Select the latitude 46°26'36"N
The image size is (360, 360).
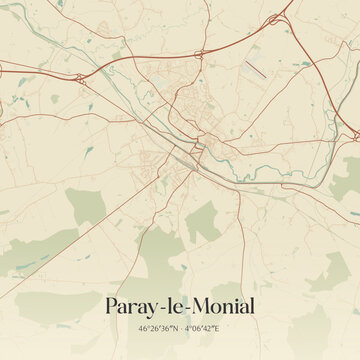pyautogui.click(x=151, y=327)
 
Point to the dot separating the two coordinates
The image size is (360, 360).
pyautogui.click(x=180, y=327)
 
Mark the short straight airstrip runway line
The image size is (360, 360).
pyautogui.click(x=257, y=71)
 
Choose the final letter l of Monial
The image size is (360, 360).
pyautogui.click(x=253, y=305)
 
